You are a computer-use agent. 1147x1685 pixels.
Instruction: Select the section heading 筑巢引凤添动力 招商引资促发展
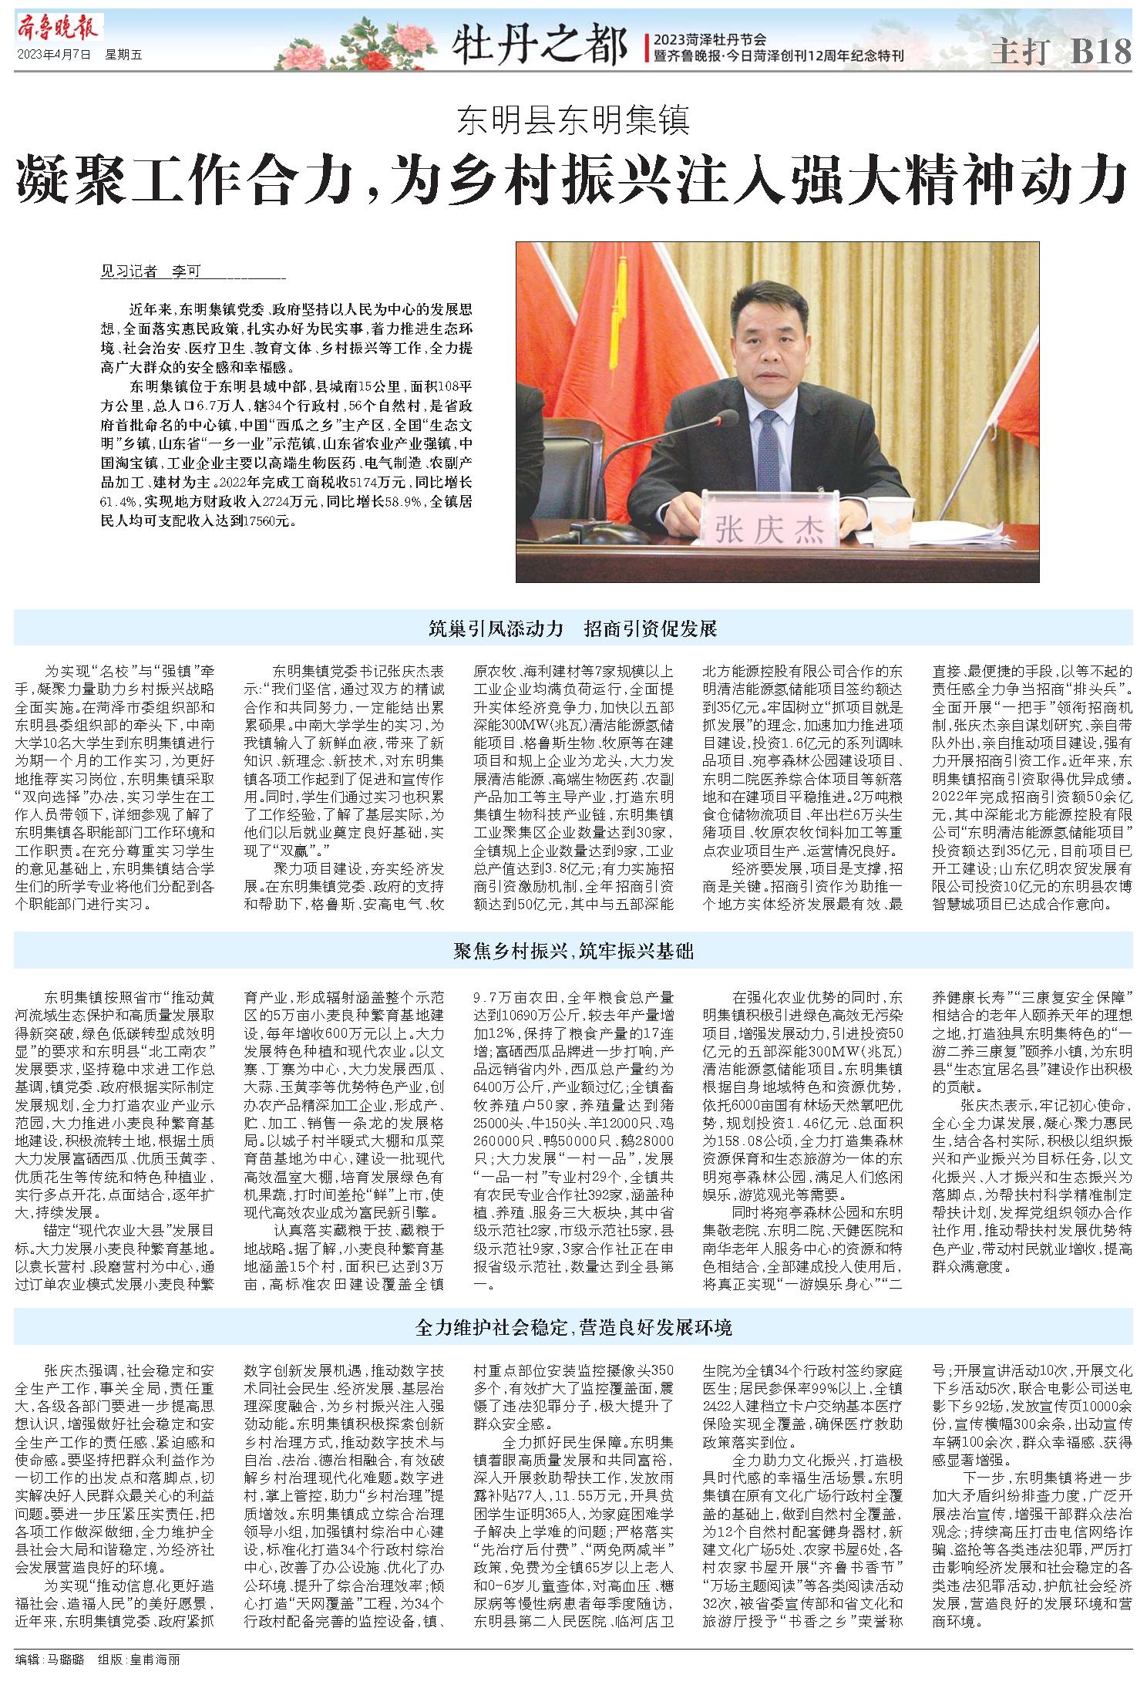point(573,628)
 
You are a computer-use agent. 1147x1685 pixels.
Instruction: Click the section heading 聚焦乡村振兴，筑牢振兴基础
point(573,951)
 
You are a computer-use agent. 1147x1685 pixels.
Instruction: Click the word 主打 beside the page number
point(1019,52)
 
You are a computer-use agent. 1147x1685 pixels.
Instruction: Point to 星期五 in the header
point(124,55)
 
